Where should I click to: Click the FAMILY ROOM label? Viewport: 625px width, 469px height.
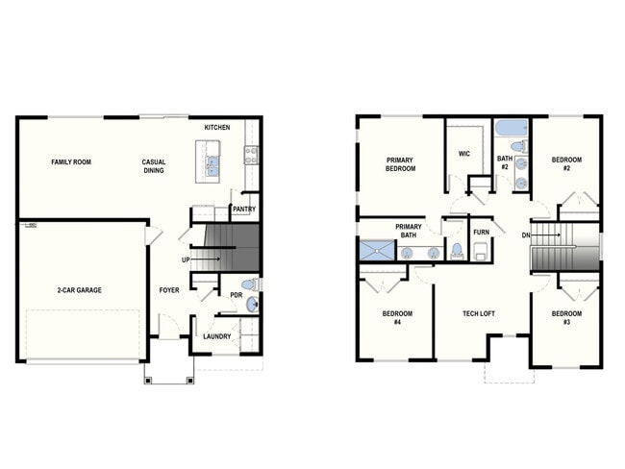[x=71, y=162]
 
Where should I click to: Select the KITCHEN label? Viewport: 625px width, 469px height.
[x=217, y=128]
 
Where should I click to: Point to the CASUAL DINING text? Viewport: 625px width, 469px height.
[x=153, y=166]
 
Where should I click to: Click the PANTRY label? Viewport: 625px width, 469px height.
[x=243, y=209]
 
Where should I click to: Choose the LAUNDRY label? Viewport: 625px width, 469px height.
[x=216, y=336]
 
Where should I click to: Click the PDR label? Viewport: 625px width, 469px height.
[x=236, y=295]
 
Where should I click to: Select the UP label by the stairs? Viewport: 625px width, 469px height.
[x=185, y=260]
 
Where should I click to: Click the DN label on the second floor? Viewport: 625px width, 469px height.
[x=525, y=235]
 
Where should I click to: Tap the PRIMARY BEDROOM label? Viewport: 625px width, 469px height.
[x=401, y=164]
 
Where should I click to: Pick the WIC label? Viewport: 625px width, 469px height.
[x=463, y=153]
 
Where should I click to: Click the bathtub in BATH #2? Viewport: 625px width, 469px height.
[x=508, y=128]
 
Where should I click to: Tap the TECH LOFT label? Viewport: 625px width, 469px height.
[x=480, y=314]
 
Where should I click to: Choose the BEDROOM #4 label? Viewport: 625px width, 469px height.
[x=396, y=318]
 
